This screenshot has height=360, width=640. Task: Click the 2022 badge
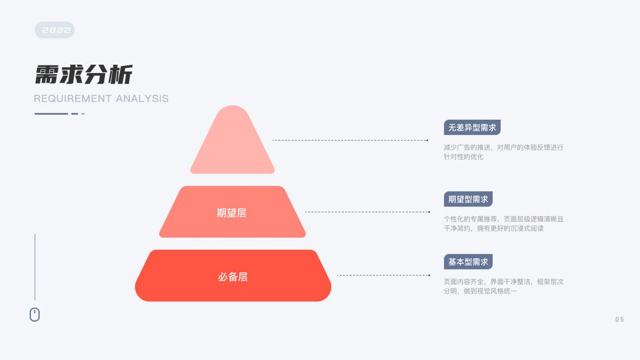click(55, 30)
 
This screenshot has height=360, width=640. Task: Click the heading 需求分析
click(83, 75)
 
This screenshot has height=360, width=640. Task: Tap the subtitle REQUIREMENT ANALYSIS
click(101, 98)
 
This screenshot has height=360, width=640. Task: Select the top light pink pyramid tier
click(232, 144)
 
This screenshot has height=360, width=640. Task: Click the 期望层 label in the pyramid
click(232, 212)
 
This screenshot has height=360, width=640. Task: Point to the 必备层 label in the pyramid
click(233, 277)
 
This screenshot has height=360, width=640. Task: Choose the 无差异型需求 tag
click(472, 127)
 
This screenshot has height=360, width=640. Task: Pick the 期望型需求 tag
click(468, 199)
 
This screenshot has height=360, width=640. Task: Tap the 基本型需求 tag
click(468, 262)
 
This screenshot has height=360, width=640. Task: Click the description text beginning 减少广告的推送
click(503, 152)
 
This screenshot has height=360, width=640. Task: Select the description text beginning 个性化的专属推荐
click(503, 223)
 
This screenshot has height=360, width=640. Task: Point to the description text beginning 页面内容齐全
click(503, 286)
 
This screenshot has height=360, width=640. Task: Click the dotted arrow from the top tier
click(350, 140)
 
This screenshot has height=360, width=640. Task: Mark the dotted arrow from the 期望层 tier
click(368, 212)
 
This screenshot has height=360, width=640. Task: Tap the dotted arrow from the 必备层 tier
click(383, 275)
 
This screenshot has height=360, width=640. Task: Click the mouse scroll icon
click(35, 314)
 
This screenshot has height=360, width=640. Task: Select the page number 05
click(620, 319)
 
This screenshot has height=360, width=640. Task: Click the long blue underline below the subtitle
click(51, 113)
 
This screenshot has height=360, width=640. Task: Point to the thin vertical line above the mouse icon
click(35, 266)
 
